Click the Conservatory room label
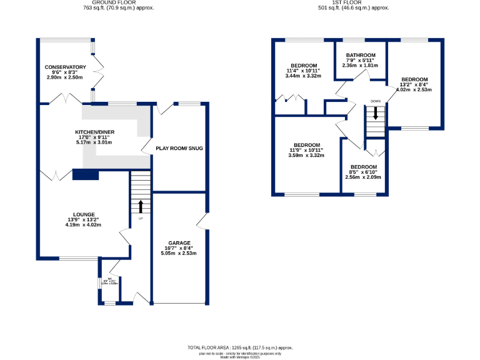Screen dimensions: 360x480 coord(65,67)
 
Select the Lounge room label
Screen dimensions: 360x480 coord(83,214)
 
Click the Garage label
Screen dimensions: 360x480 coord(179,242)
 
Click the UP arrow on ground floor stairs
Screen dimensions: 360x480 coord(141,206)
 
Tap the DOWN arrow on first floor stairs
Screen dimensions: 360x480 coord(376,113)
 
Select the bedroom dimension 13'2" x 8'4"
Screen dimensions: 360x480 coord(414,84)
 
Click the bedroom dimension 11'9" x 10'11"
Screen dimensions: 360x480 coord(306,150)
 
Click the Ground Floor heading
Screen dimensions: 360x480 coord(119,3)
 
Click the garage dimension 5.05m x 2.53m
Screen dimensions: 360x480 coord(179,254)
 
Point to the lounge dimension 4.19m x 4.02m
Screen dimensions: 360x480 coord(83,225)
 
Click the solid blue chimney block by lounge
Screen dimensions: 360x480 coord(86,175)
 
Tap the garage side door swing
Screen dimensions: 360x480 coord(201,221)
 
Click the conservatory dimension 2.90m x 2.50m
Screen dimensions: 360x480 coord(65,77)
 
